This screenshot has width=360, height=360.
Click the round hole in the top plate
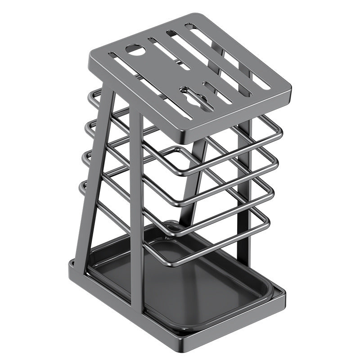[x=134, y=50]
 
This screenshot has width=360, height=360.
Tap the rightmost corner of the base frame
[x=284, y=293]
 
